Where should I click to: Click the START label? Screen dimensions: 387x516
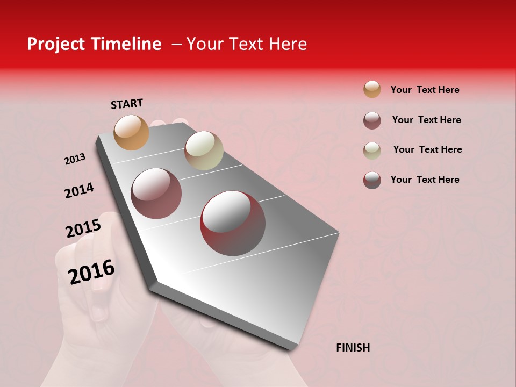127,104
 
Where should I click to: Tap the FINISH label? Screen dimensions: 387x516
353,348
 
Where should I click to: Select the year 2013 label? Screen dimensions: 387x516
75,159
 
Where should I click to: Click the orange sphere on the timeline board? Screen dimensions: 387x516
131,132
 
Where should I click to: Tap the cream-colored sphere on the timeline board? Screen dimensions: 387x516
204,150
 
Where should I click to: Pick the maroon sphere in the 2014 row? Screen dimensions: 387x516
156,193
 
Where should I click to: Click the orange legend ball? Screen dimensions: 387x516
372,89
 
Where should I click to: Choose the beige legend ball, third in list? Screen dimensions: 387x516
372,150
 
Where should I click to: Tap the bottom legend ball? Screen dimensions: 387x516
372,180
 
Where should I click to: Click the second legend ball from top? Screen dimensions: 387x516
372,120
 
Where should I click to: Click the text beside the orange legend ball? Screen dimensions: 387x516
425,90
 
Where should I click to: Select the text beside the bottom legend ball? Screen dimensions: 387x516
425,180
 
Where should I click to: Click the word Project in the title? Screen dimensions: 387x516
55,44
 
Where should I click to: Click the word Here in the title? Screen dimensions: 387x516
288,44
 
